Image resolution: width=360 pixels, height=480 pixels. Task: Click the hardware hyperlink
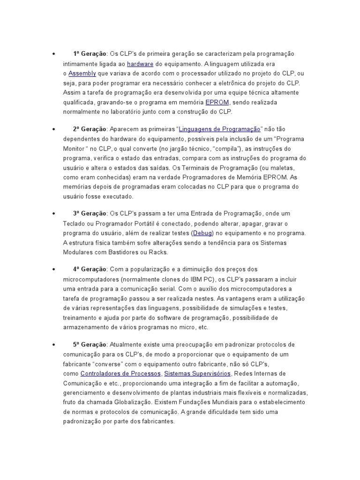point(140,64)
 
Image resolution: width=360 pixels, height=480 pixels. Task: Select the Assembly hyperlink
point(82,74)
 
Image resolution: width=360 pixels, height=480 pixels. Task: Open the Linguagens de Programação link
point(219,129)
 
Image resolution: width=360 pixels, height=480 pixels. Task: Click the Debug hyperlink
point(203,233)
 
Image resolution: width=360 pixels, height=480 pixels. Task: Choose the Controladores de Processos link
point(121,374)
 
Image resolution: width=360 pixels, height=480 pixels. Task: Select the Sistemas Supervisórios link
point(197,374)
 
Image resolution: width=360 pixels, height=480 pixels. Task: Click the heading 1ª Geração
point(90,54)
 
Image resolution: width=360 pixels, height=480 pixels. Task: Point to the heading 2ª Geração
point(90,129)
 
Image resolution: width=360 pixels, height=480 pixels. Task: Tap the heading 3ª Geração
point(90,214)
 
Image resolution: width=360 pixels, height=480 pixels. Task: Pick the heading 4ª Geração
point(90,269)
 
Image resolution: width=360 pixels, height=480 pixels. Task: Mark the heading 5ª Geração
point(90,345)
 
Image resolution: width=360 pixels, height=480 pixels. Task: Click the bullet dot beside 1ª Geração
point(54,54)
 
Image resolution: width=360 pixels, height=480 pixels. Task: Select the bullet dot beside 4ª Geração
point(54,270)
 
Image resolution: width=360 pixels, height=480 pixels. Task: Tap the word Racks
point(158,252)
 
